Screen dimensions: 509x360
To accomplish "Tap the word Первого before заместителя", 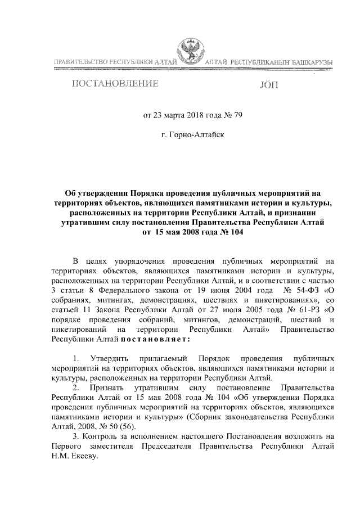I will (66, 447).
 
